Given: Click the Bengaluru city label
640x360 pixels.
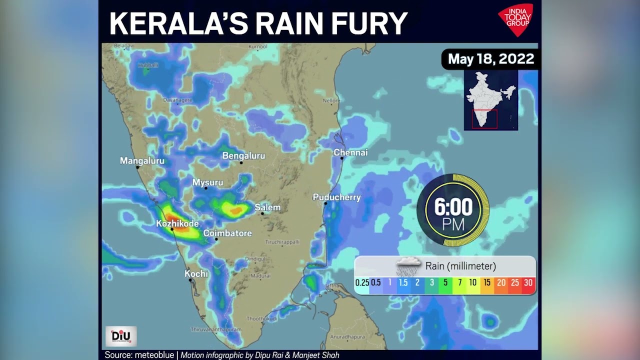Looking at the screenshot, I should [x=243, y=156].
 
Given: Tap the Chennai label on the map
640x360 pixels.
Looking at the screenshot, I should [x=350, y=152].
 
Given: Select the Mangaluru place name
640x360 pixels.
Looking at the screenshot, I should [x=142, y=161].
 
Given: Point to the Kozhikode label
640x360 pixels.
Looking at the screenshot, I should [x=177, y=223].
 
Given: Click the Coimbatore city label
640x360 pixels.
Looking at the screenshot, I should [x=227, y=233].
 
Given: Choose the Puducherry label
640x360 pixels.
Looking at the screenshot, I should [x=336, y=197].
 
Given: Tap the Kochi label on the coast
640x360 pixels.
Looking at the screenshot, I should [x=196, y=274].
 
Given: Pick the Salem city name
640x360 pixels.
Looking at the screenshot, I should [x=267, y=207].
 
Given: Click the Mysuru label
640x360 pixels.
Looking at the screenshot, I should [x=207, y=182].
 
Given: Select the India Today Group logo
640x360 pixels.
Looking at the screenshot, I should [x=515, y=19].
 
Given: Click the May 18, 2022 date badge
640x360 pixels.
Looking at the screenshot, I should [x=490, y=59].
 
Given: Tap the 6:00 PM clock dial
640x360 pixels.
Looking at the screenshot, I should [x=453, y=210].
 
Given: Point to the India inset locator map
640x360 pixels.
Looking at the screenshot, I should [x=490, y=100].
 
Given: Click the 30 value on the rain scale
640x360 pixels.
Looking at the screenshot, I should [x=528, y=283].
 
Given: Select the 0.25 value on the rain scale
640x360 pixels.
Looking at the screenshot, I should [x=362, y=283].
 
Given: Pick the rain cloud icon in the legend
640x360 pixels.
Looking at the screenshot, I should [x=408, y=265].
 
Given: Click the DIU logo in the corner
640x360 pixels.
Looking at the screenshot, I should [x=120, y=336].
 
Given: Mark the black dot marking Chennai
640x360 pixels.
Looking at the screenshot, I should [x=342, y=158].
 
